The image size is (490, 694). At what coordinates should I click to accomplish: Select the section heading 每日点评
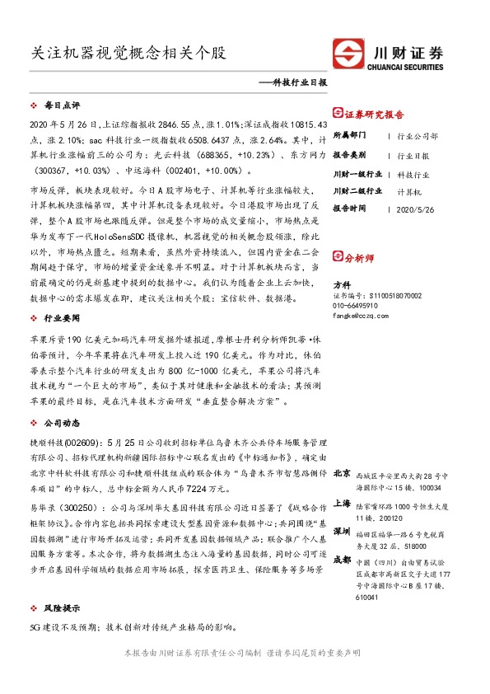click(62, 106)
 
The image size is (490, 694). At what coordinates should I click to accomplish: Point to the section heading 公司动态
click(62, 422)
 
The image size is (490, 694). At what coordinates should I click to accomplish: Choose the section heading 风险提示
click(62, 607)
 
